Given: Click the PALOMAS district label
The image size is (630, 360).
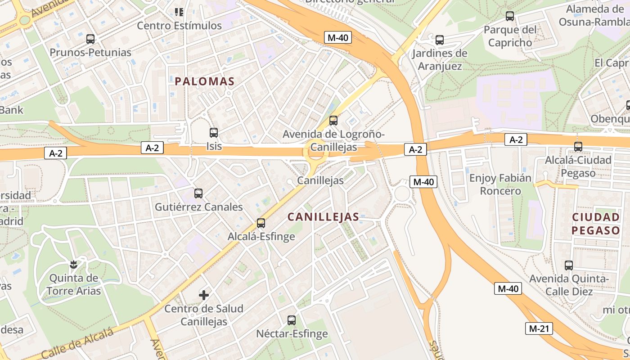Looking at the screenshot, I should [x=205, y=81].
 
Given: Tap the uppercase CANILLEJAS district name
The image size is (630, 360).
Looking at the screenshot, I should [x=323, y=217].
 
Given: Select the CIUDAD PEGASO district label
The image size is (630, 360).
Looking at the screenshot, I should [x=596, y=224].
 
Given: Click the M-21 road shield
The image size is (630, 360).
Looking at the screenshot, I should [x=539, y=328].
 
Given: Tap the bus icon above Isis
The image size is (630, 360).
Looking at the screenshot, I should [x=214, y=133].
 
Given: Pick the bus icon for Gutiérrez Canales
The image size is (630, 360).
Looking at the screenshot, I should [x=198, y=193].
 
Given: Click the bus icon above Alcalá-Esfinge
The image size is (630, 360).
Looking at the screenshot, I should [x=261, y=223].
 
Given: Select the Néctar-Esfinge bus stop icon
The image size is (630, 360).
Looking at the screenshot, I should [x=292, y=320].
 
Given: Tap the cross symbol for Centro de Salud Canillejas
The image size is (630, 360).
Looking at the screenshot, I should [x=204, y=295].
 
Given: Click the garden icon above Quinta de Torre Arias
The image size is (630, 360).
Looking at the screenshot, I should [x=74, y=264].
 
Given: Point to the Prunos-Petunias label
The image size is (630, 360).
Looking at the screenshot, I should [x=90, y=53].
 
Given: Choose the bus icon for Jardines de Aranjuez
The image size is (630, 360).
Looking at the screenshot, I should [x=440, y=40].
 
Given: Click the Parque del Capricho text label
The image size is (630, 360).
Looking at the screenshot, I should [x=510, y=36].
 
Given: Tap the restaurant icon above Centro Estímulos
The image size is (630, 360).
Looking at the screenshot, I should [x=179, y=12].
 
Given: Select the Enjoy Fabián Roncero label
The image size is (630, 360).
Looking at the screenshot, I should [x=500, y=184].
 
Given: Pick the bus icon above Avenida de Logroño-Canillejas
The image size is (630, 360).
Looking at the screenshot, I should [x=333, y=120].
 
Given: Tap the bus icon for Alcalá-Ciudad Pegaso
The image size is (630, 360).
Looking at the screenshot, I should [x=578, y=147].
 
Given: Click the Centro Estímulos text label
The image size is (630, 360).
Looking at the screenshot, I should [x=179, y=26].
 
